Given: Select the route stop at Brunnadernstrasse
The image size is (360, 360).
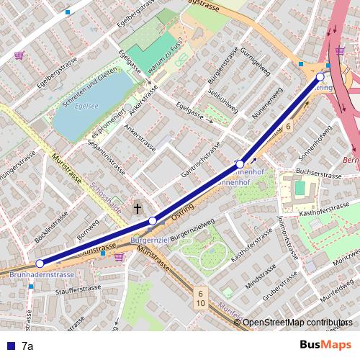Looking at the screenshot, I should [40, 264].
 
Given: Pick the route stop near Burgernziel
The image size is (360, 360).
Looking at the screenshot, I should [152, 220].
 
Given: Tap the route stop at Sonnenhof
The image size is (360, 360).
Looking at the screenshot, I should [240, 165].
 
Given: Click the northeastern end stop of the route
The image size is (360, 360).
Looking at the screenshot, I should [320, 76].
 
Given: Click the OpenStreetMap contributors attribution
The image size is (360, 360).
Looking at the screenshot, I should [297, 323].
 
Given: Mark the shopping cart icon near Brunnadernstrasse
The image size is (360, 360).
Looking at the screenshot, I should [118, 256].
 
